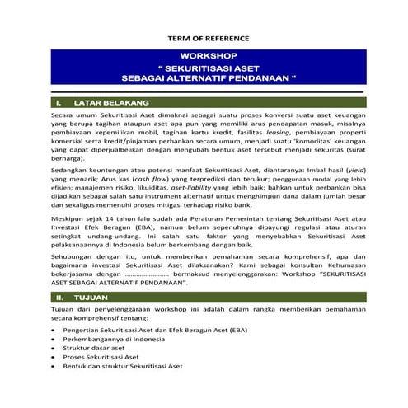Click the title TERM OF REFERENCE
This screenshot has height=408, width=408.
[204, 39]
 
